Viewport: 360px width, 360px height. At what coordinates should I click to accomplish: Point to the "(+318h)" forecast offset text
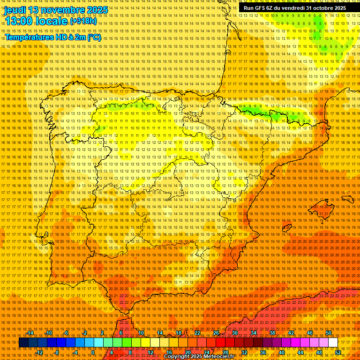coord(83,22)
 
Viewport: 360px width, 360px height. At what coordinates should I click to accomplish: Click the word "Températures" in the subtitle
coord(30,37)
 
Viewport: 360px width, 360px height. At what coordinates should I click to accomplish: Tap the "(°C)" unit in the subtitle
coord(94,37)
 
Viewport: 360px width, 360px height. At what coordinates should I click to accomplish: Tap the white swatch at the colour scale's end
coord(333,343)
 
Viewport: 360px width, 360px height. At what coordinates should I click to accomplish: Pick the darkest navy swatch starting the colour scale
coord(23,343)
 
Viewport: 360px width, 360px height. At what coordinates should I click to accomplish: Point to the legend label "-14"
coord(30,333)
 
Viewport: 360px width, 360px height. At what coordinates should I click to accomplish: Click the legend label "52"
coord(338,352)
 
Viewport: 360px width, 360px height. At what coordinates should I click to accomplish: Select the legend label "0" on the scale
coord(93,352)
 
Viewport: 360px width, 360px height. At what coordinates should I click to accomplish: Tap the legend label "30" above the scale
coord(234,333)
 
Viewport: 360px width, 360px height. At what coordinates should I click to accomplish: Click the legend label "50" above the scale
coord(328,333)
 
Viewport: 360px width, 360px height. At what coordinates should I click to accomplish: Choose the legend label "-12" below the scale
coord(39,352)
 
